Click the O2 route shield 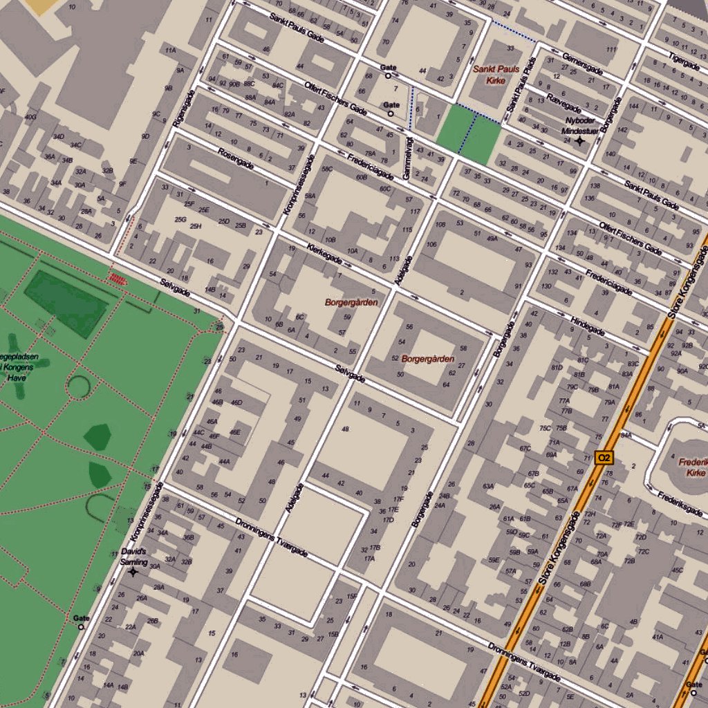pyautogui.click(x=604, y=457)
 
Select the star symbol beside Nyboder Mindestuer pyautogui.click(x=579, y=141)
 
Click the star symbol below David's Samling pyautogui.click(x=133, y=572)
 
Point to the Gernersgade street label pyautogui.click(x=582, y=63)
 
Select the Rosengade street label pyautogui.click(x=235, y=158)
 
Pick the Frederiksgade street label pyautogui.click(x=680, y=504)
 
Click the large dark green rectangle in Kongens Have pyautogui.click(x=66, y=303)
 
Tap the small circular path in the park pyautogui.click(x=78, y=386)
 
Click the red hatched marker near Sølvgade pyautogui.click(x=118, y=278)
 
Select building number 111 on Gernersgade pyautogui.click(x=611, y=50)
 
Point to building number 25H pyautogui.click(x=196, y=226)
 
